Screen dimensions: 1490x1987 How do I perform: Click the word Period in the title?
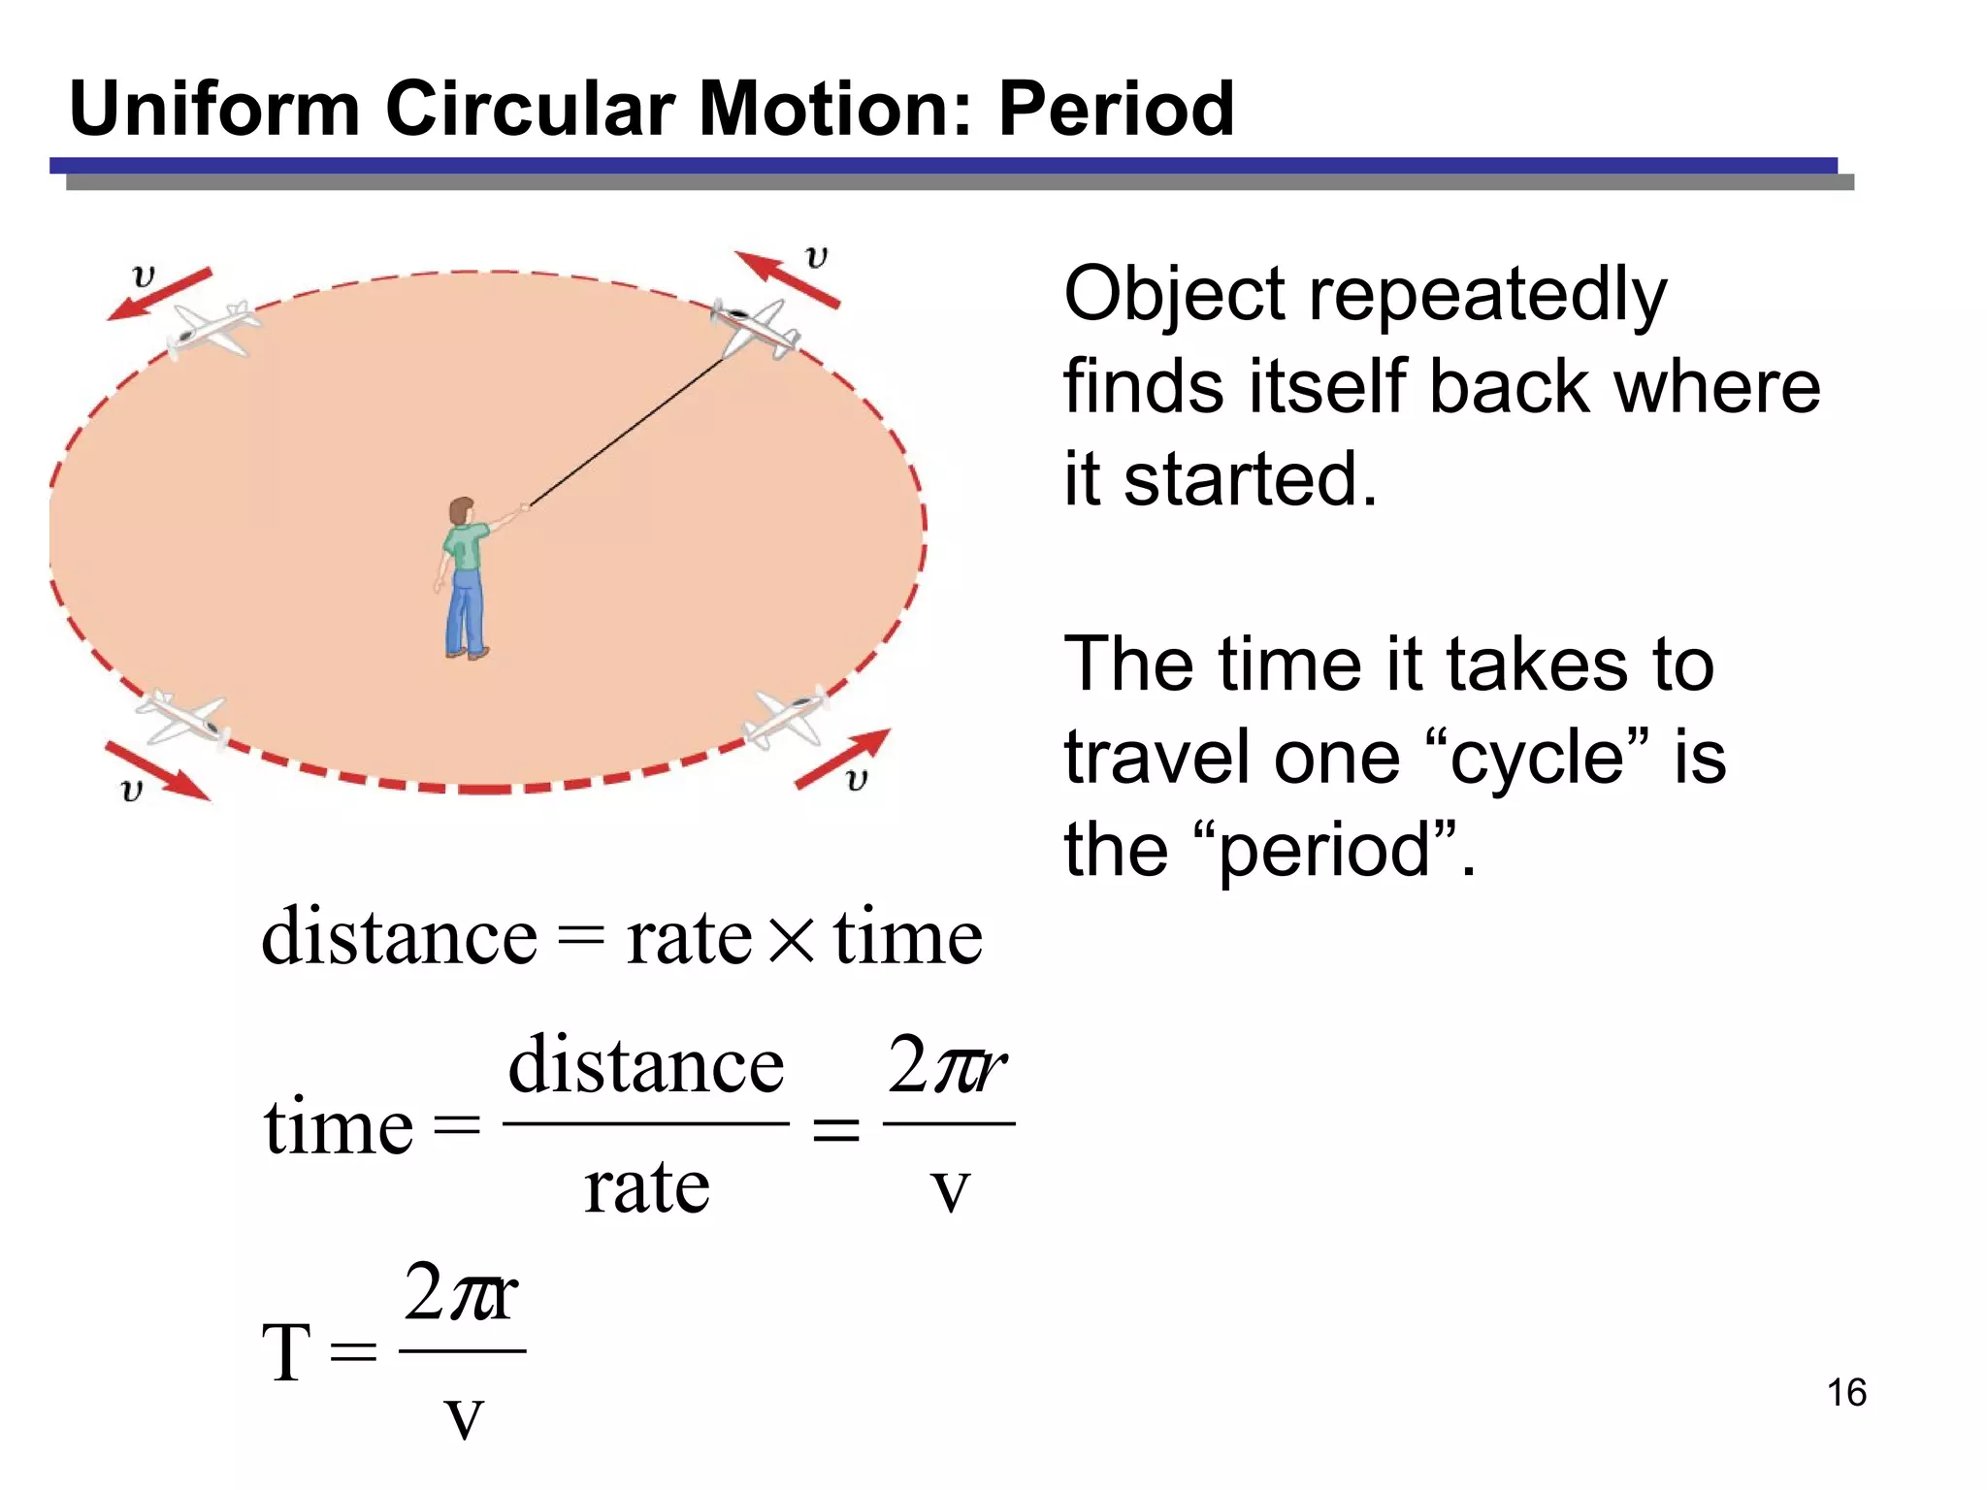(1116, 109)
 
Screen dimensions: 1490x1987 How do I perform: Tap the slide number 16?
(1846, 1393)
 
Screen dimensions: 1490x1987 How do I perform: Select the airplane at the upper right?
(756, 328)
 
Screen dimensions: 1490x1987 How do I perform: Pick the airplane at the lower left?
(183, 718)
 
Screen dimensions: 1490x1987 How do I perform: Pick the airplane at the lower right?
(789, 718)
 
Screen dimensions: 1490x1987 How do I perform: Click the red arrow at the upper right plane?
(786, 279)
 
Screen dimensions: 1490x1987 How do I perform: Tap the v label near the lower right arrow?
(856, 779)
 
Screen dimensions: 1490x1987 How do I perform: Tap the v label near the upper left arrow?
(144, 275)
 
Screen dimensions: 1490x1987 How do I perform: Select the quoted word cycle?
(1537, 758)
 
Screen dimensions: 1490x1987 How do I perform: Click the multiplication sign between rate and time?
(793, 940)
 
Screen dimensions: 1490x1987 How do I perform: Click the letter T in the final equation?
(286, 1352)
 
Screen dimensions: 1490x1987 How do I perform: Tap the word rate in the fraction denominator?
(646, 1187)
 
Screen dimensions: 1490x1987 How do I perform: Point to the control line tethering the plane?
(626, 432)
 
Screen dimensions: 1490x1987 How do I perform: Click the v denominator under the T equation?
(464, 1418)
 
